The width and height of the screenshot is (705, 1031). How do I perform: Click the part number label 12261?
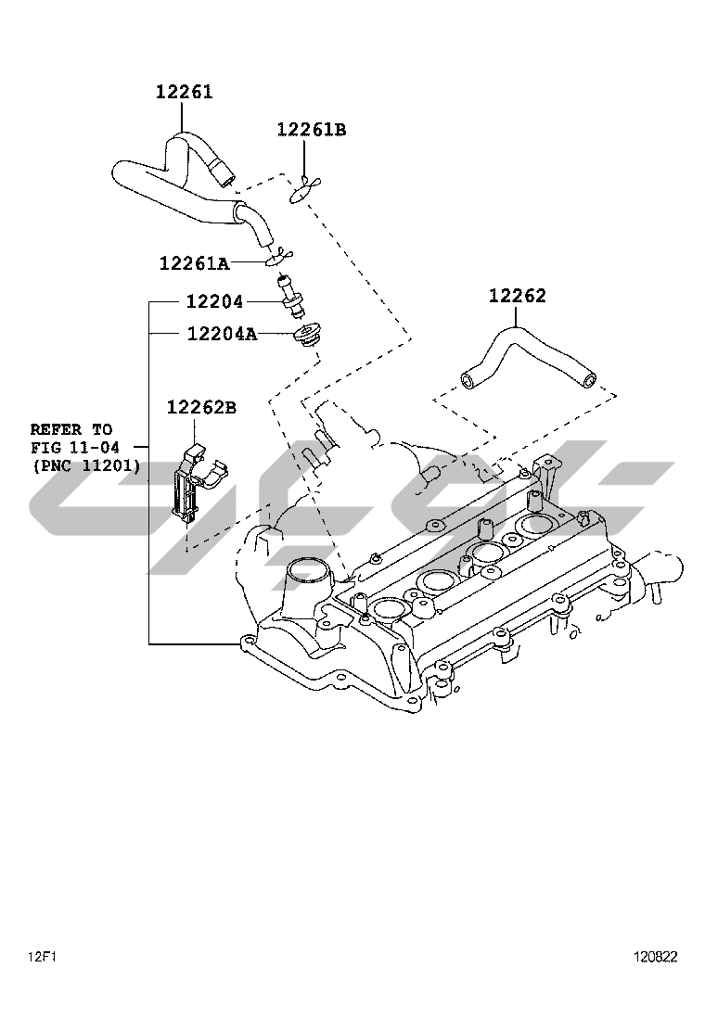(184, 93)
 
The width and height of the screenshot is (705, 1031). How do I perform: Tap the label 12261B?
(311, 130)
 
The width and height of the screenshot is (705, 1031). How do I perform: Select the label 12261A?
(194, 263)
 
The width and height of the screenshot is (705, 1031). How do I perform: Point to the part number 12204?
(214, 301)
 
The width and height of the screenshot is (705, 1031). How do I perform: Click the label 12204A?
(222, 333)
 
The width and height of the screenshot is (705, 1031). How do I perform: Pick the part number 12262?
(518, 297)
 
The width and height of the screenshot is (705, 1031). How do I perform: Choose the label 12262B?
(201, 407)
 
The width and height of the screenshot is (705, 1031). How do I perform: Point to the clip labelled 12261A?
(282, 254)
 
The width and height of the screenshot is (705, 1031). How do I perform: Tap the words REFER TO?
(71, 429)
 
